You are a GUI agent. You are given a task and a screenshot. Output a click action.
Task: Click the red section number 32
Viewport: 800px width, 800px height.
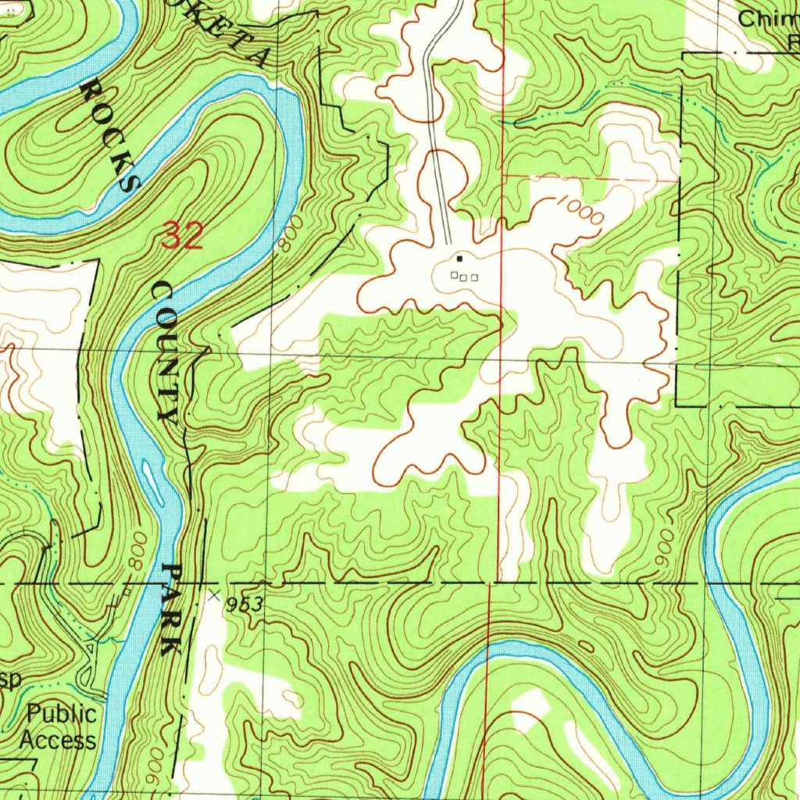point(183,235)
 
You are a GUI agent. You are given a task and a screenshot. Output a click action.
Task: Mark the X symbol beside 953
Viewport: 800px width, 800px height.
point(215,596)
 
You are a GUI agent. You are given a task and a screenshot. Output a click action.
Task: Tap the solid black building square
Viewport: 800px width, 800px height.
point(459,259)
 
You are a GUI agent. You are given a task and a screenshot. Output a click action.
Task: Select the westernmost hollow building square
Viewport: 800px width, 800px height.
point(454,274)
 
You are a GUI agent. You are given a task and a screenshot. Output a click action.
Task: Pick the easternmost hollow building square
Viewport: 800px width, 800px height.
point(474,277)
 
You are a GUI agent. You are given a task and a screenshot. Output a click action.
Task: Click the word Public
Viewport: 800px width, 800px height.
point(62,713)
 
